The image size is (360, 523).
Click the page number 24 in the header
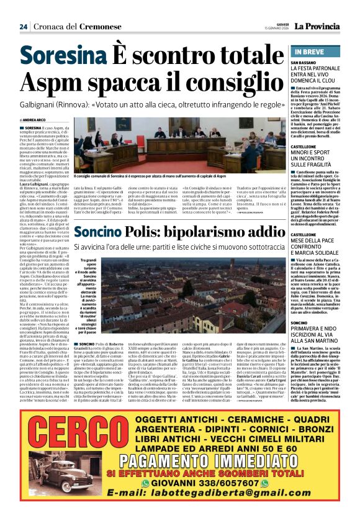(23, 27)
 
